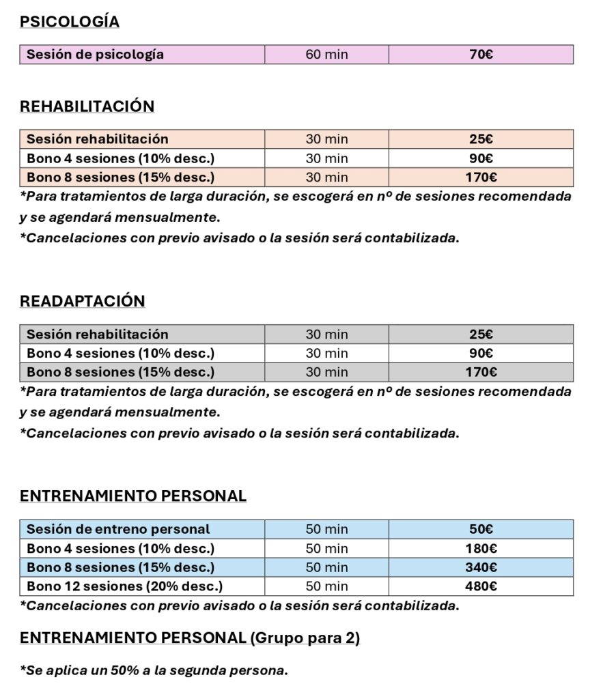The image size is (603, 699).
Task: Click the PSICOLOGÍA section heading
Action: tap(70, 22)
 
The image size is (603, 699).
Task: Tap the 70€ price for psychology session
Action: tap(481, 55)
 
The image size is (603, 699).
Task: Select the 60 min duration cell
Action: tap(326, 55)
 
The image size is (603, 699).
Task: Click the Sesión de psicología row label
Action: tap(95, 55)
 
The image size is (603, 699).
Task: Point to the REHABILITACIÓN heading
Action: tap(87, 106)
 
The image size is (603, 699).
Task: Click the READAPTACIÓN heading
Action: tap(83, 301)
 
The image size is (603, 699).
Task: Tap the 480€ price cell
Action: tap(481, 586)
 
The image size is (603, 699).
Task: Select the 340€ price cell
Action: tap(481, 567)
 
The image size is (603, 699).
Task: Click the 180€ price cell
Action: tap(481, 548)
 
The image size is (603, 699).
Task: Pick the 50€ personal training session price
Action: tap(481, 529)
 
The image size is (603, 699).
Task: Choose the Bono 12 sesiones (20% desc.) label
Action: tap(124, 586)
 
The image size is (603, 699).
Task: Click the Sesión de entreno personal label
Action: tap(118, 529)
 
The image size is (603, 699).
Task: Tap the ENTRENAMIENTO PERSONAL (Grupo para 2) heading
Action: tap(190, 638)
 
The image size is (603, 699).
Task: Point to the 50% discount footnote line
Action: tap(154, 670)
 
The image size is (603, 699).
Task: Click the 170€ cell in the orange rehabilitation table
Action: tap(481, 178)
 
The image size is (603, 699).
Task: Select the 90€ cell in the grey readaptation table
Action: tap(481, 354)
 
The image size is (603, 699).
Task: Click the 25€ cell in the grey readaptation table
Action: tap(481, 334)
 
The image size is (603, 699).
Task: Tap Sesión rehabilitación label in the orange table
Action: tap(97, 139)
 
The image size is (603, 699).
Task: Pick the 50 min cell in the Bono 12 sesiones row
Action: tap(326, 586)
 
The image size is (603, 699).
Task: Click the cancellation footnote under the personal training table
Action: tap(239, 605)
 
